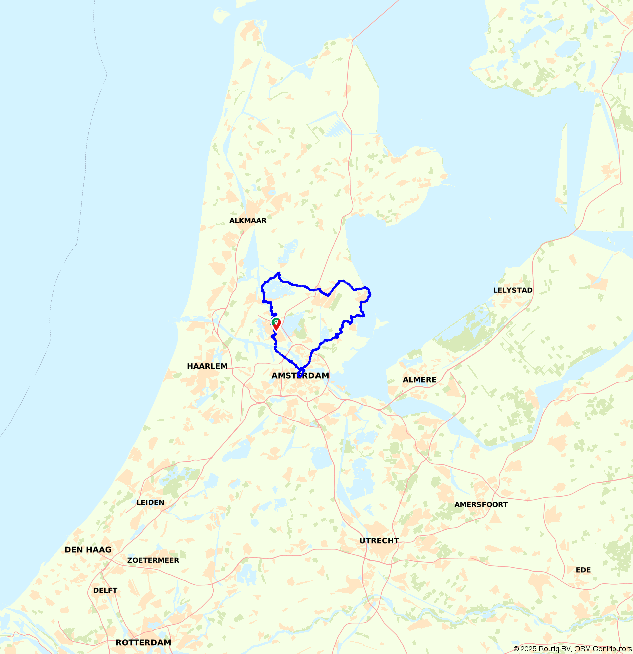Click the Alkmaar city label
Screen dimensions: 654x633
pyautogui.click(x=248, y=221)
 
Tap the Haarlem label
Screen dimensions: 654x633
pyautogui.click(x=207, y=366)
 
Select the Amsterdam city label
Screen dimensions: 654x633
pyautogui.click(x=300, y=376)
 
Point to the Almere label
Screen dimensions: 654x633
pyautogui.click(x=419, y=380)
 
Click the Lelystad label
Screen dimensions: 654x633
pyautogui.click(x=513, y=290)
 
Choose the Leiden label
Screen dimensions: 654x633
pyautogui.click(x=150, y=502)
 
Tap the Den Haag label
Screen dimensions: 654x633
pyautogui.click(x=88, y=550)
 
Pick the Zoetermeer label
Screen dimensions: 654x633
pyautogui.click(x=153, y=560)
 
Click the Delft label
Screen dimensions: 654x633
pyautogui.click(x=105, y=590)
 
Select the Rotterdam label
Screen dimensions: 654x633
pyautogui.click(x=143, y=643)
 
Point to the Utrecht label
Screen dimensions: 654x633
pyautogui.click(x=379, y=541)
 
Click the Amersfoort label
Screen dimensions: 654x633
pyautogui.click(x=481, y=505)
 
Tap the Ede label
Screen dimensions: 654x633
pyautogui.click(x=583, y=570)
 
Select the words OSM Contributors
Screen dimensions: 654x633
pyautogui.click(x=603, y=649)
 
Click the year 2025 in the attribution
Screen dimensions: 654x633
pyautogui.click(x=529, y=649)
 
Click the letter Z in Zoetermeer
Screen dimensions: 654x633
pyautogui.click(x=130, y=560)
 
